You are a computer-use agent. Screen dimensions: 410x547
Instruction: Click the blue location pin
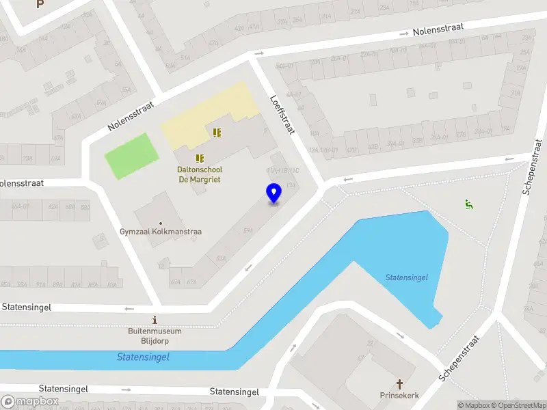click(274, 193)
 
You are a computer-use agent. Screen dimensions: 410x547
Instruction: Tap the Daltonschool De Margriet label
click(200, 174)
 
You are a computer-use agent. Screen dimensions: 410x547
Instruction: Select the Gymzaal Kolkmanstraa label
click(161, 232)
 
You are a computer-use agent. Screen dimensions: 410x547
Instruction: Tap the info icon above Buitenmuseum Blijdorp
click(155, 320)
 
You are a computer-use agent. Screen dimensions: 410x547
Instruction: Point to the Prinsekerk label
click(399, 396)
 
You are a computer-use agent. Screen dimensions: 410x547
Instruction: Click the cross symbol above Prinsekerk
click(400, 384)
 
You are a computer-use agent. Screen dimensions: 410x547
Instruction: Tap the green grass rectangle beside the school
click(131, 156)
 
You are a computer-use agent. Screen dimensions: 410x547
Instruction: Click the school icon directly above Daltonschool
click(200, 158)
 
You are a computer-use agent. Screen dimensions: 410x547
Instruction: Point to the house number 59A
click(247, 230)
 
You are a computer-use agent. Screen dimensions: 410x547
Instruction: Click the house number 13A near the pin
click(291, 185)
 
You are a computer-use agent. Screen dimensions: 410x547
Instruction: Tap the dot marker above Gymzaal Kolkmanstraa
click(161, 223)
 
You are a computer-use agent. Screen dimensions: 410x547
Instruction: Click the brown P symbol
click(40, 4)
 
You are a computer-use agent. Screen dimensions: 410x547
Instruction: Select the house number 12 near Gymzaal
click(161, 266)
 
